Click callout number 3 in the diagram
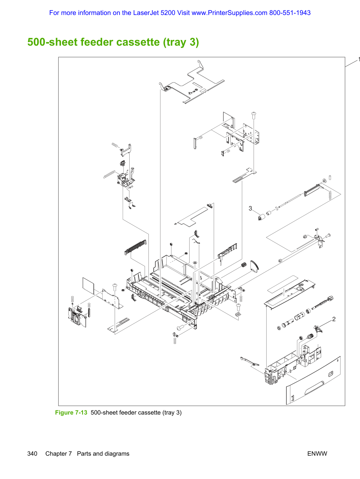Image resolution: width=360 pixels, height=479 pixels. [x=250, y=208]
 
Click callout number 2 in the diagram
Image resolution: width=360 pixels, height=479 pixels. [x=334, y=319]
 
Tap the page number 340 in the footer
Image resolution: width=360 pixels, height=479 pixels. [x=32, y=454]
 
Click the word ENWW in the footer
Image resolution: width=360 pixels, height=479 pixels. [x=317, y=454]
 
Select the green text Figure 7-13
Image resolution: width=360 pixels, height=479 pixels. [x=71, y=413]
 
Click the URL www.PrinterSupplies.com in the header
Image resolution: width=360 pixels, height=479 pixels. [x=229, y=13]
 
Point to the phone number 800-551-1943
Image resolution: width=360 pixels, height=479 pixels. [x=290, y=13]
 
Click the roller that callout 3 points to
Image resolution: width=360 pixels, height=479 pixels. [x=261, y=217]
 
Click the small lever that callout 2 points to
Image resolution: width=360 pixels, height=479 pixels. [x=317, y=329]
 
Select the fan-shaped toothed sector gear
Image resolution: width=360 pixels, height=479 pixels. [x=254, y=266]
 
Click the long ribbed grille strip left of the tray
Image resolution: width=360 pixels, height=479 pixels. [x=135, y=247]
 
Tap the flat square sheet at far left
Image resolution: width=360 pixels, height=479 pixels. [x=88, y=286]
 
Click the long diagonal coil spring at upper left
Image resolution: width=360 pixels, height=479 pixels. [x=109, y=174]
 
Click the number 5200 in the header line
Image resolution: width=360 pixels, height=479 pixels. [x=168, y=13]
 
